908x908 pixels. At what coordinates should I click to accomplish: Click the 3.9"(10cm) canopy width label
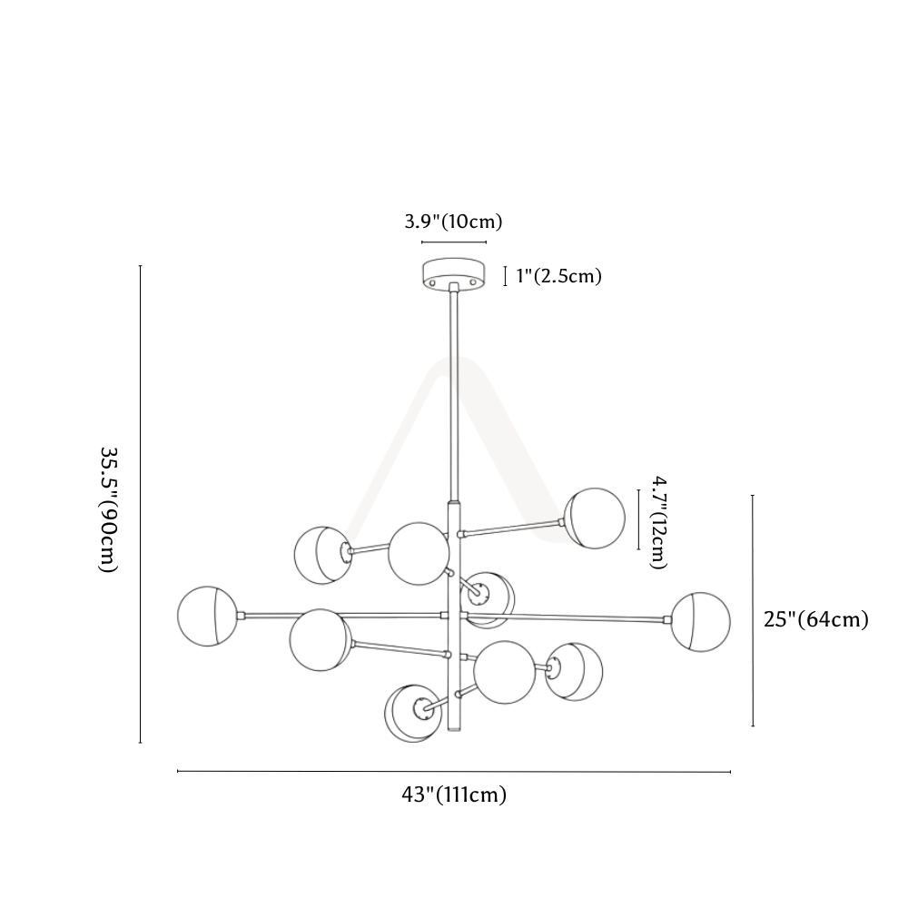click(x=453, y=222)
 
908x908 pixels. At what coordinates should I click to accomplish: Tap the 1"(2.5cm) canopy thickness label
click(x=558, y=276)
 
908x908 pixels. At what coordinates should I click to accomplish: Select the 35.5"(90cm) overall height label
click(x=109, y=509)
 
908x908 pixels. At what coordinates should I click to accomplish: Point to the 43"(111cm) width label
click(x=454, y=794)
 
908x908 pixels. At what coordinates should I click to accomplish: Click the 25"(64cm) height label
click(x=816, y=619)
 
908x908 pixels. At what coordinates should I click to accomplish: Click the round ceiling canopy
click(x=453, y=274)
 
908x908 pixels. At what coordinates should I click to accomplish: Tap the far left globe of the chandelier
click(x=207, y=617)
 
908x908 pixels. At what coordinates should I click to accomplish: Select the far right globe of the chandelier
click(x=701, y=622)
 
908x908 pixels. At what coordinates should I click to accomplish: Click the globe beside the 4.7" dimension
click(x=595, y=518)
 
